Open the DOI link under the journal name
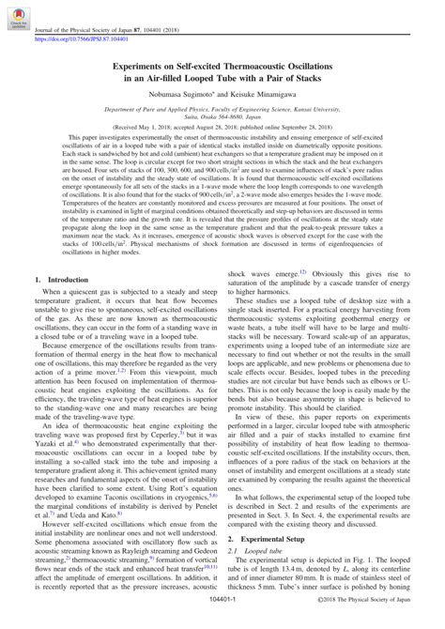[x=82, y=40]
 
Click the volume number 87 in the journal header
[x=143, y=32]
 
